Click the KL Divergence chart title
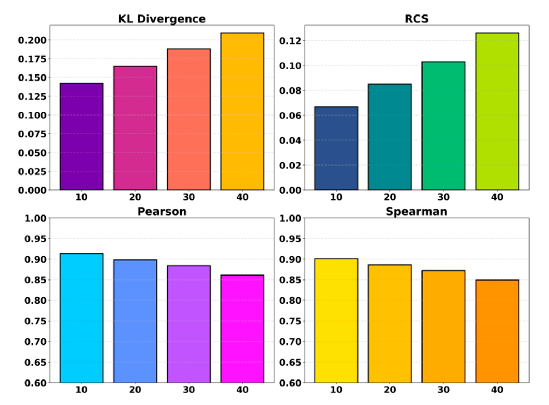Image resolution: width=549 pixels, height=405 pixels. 162,19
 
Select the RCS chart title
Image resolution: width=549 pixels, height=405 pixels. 416,19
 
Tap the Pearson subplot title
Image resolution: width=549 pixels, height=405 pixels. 162,212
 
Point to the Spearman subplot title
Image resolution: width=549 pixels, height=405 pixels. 416,212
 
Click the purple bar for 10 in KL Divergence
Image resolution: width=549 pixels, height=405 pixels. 81,137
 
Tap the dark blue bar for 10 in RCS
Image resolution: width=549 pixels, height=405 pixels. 336,149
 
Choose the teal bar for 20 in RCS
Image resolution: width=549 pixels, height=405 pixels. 390,137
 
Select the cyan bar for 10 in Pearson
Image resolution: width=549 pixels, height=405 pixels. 81,318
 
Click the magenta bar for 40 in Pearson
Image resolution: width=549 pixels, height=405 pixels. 242,329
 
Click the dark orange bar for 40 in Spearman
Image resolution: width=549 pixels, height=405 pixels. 497,332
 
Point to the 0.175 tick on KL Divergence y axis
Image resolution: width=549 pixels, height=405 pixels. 32,59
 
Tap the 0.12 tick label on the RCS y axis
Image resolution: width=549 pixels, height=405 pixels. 290,41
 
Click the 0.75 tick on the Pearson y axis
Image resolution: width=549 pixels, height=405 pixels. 35,321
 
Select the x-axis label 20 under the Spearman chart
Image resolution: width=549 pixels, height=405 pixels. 390,390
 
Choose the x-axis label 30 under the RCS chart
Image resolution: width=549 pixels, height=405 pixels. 443,197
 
